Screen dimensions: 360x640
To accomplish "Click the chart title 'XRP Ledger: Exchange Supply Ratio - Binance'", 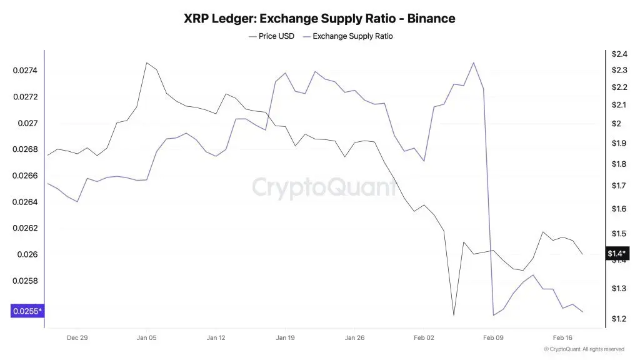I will coord(319,18).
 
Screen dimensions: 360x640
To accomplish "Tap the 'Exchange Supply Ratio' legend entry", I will coord(352,36).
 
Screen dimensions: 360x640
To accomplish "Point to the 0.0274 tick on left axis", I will coord(26,71).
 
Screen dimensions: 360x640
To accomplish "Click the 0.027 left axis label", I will coord(28,123).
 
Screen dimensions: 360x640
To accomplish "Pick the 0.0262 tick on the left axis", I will coord(26,228).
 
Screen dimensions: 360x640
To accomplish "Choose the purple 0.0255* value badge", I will coord(27,311).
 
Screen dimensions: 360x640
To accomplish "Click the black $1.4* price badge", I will coord(617,253).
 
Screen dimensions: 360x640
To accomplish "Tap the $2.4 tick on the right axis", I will coord(619,54).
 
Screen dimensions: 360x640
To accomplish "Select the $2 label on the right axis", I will coord(616,124).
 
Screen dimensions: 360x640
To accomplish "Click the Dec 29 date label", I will coord(77,337).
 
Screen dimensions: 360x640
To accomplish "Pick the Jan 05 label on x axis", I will coord(146,337).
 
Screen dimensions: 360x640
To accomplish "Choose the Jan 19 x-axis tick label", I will coord(285,337).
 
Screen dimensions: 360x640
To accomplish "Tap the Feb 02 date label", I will coord(423,337).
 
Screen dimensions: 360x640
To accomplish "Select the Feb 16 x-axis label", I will coord(562,337).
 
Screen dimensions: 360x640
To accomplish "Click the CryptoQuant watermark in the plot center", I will coord(324,187).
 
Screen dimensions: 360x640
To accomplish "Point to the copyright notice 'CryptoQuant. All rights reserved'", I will coord(584,349).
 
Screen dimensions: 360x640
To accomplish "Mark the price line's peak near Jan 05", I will coord(146,62).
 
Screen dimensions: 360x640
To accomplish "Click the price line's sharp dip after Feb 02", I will coord(454,315).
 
